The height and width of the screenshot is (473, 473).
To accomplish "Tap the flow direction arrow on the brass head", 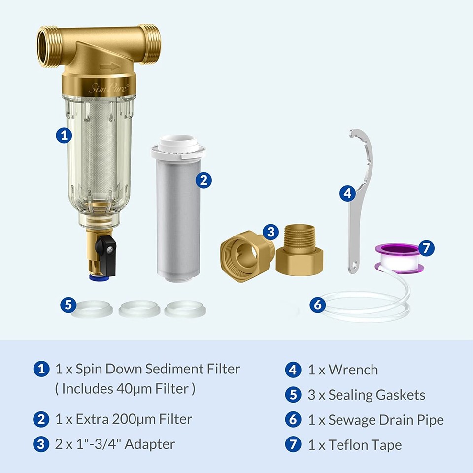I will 109,66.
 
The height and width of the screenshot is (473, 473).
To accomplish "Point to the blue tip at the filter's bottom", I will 95,277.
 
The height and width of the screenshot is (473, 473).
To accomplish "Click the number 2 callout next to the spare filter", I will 203,180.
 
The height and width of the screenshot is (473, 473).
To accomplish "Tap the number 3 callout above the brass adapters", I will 270,232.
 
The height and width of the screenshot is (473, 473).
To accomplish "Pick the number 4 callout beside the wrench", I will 348,193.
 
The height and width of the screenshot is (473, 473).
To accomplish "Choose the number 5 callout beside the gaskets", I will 68,304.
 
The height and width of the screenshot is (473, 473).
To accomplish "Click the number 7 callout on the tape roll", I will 426,247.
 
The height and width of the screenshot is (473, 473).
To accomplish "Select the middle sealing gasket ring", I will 139,309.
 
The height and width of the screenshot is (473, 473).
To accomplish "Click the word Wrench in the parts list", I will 354,370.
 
